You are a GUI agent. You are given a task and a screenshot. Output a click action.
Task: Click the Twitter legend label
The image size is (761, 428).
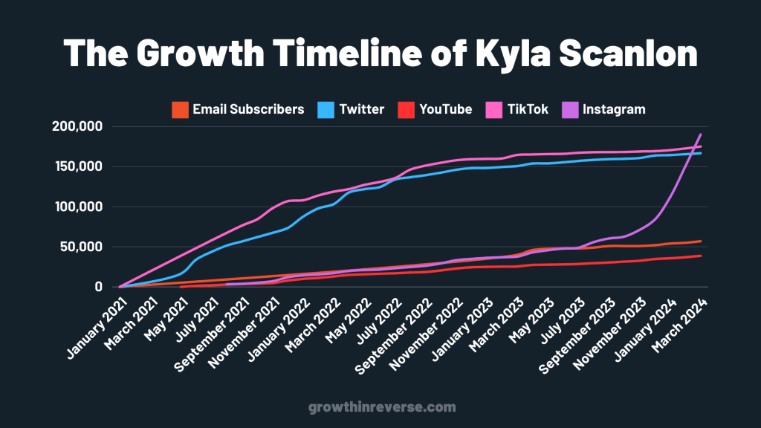click(x=362, y=109)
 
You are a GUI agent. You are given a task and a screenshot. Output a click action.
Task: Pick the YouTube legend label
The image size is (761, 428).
click(x=445, y=109)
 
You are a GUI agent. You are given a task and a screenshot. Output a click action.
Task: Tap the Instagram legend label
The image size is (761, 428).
click(x=614, y=109)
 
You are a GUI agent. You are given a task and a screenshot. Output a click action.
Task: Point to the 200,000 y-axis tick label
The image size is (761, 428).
click(x=77, y=126)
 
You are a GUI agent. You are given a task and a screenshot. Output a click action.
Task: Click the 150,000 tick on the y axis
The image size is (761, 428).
click(x=77, y=166)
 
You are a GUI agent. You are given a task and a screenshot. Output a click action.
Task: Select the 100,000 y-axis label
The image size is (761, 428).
click(x=77, y=207)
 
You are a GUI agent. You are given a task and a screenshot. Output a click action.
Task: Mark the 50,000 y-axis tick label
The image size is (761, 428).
click(x=81, y=247)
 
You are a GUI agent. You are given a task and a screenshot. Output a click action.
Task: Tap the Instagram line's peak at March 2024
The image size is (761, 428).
click(x=701, y=134)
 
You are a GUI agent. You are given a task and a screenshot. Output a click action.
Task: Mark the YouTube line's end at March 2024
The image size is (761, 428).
click(x=701, y=256)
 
